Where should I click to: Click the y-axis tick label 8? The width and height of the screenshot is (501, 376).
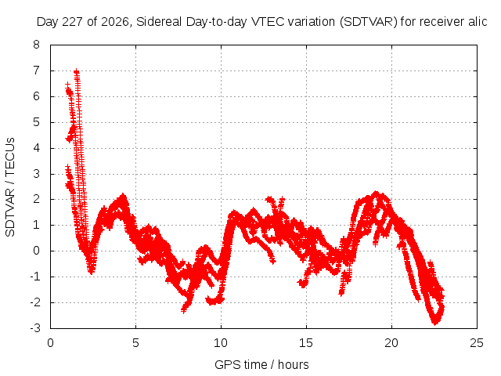click(36, 45)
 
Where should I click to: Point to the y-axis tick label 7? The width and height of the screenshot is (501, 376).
click(36, 70)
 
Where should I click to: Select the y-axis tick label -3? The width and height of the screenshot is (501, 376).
click(35, 328)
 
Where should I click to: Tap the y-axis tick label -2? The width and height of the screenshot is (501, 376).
click(35, 302)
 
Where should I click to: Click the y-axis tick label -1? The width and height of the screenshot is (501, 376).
click(35, 277)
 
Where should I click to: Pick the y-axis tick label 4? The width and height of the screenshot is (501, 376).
click(36, 148)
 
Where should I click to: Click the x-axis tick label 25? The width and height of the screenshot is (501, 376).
click(477, 343)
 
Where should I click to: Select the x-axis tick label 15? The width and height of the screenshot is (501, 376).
click(306, 343)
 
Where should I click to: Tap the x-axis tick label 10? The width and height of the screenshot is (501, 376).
click(221, 343)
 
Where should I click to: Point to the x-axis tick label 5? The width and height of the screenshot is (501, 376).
click(135, 343)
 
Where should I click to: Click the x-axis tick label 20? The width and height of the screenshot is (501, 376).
click(391, 343)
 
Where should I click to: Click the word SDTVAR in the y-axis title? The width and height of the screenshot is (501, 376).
click(10, 212)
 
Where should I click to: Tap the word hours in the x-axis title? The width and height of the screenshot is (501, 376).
click(294, 364)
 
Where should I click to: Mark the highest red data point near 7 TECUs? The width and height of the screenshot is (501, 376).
click(76, 71)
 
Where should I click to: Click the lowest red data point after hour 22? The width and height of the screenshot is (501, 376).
click(435, 323)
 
